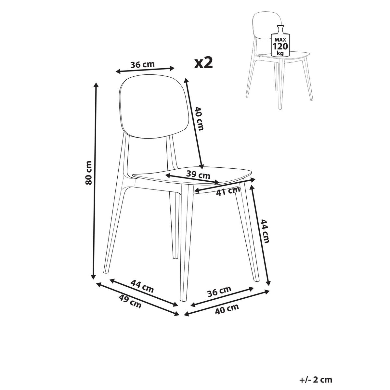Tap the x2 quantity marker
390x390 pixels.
coord(203,62)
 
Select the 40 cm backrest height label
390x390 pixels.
coord(199,119)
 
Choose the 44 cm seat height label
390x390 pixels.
coord(265,231)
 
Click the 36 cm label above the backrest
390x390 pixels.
coord(143,64)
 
